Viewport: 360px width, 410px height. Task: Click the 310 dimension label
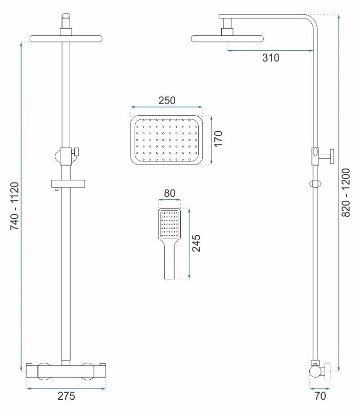tap(271, 58)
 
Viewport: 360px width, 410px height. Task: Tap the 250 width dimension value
tap(166, 100)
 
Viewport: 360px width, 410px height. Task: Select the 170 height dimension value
tap(219, 139)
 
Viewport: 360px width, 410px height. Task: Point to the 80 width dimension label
tap(169, 194)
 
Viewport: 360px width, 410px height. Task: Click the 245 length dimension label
tap(196, 243)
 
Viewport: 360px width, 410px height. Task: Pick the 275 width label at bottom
tap(66, 396)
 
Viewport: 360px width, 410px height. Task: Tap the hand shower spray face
tap(169, 223)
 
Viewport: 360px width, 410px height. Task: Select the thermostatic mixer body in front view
tap(66, 370)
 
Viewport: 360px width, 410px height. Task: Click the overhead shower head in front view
tap(67, 38)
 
